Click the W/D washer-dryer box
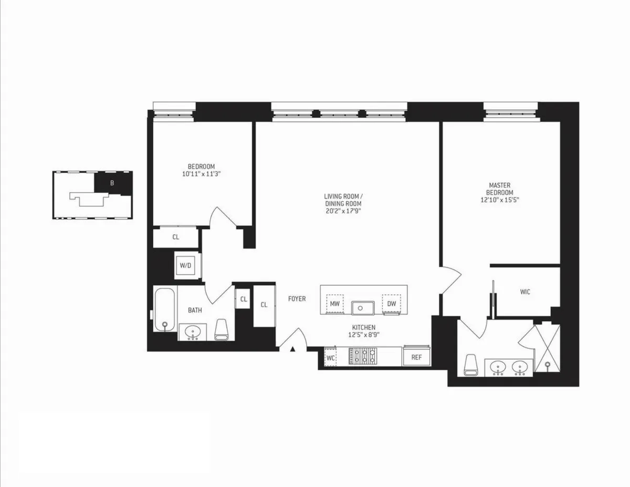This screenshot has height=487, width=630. pyautogui.click(x=185, y=265)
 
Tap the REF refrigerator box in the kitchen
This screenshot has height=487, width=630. pyautogui.click(x=416, y=357)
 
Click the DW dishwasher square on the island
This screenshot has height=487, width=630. pyautogui.click(x=391, y=303)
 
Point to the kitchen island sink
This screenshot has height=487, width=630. pyautogui.click(x=362, y=306)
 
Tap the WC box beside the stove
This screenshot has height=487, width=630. pyautogui.click(x=330, y=357)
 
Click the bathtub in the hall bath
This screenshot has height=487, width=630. pyautogui.click(x=165, y=309)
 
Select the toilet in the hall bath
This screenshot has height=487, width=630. pyautogui.click(x=221, y=329)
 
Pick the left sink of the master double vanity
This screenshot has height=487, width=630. pyautogui.click(x=498, y=367)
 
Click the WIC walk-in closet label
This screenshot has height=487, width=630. pyautogui.click(x=525, y=292)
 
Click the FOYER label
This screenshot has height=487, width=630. pyautogui.click(x=297, y=299)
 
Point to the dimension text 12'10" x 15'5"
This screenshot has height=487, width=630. pyautogui.click(x=500, y=200)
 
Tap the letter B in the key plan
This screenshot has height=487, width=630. pyautogui.click(x=111, y=183)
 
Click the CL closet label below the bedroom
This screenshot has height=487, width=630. pyautogui.click(x=176, y=237)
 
